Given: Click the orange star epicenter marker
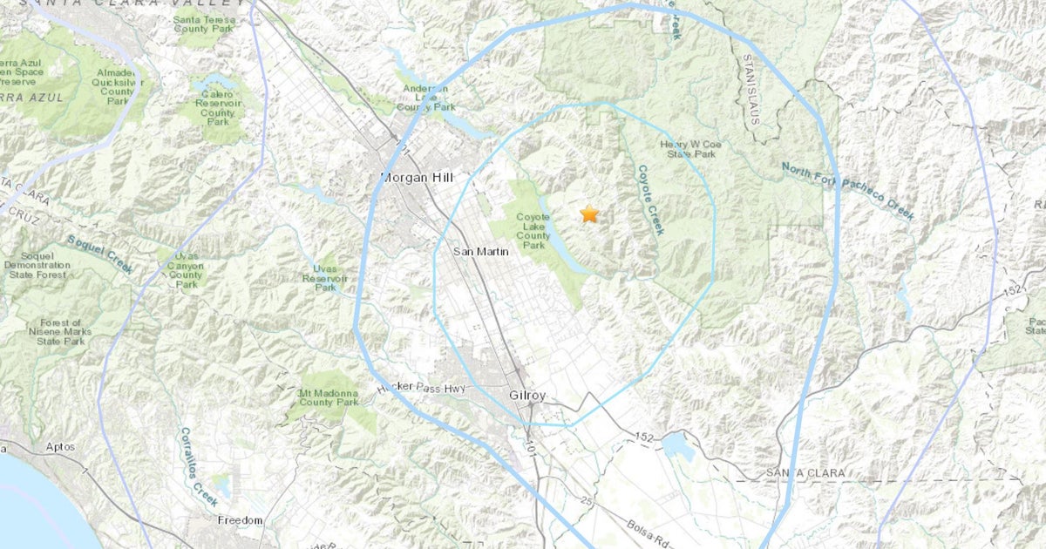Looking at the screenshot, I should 589,213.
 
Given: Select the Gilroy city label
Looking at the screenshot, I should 526,396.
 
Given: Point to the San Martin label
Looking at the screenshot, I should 476,251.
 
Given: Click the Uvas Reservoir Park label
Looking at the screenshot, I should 325,278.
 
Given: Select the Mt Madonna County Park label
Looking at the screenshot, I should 329,397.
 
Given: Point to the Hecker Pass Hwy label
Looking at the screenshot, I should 423,389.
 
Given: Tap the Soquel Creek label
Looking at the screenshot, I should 101,253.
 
